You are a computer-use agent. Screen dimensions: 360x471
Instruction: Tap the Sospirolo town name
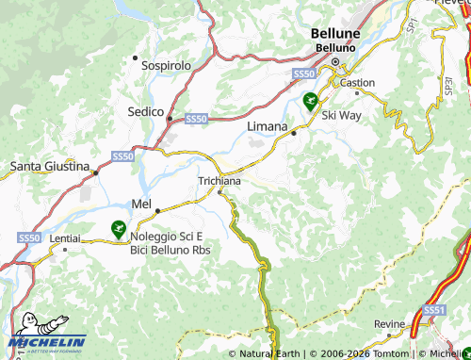point(166,66)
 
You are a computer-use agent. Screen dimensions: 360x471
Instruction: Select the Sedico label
point(145,111)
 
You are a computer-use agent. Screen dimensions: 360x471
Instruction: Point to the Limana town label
point(267,125)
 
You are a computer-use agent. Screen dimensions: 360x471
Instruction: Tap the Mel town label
point(142,203)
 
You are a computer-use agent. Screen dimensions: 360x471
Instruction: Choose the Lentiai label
point(65,240)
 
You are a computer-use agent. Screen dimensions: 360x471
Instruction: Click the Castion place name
point(358,83)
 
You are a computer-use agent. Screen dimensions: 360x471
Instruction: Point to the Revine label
point(389,324)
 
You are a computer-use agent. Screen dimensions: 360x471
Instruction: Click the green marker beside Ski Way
point(309,100)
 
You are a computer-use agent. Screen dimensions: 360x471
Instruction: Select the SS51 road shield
point(434,310)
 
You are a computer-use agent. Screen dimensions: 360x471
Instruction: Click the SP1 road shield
point(411,28)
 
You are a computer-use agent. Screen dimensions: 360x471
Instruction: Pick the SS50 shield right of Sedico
point(196,119)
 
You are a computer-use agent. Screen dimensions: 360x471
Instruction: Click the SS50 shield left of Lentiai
point(29,239)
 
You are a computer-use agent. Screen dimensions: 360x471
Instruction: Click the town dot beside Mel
point(157,210)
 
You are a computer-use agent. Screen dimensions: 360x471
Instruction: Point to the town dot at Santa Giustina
point(95,173)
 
